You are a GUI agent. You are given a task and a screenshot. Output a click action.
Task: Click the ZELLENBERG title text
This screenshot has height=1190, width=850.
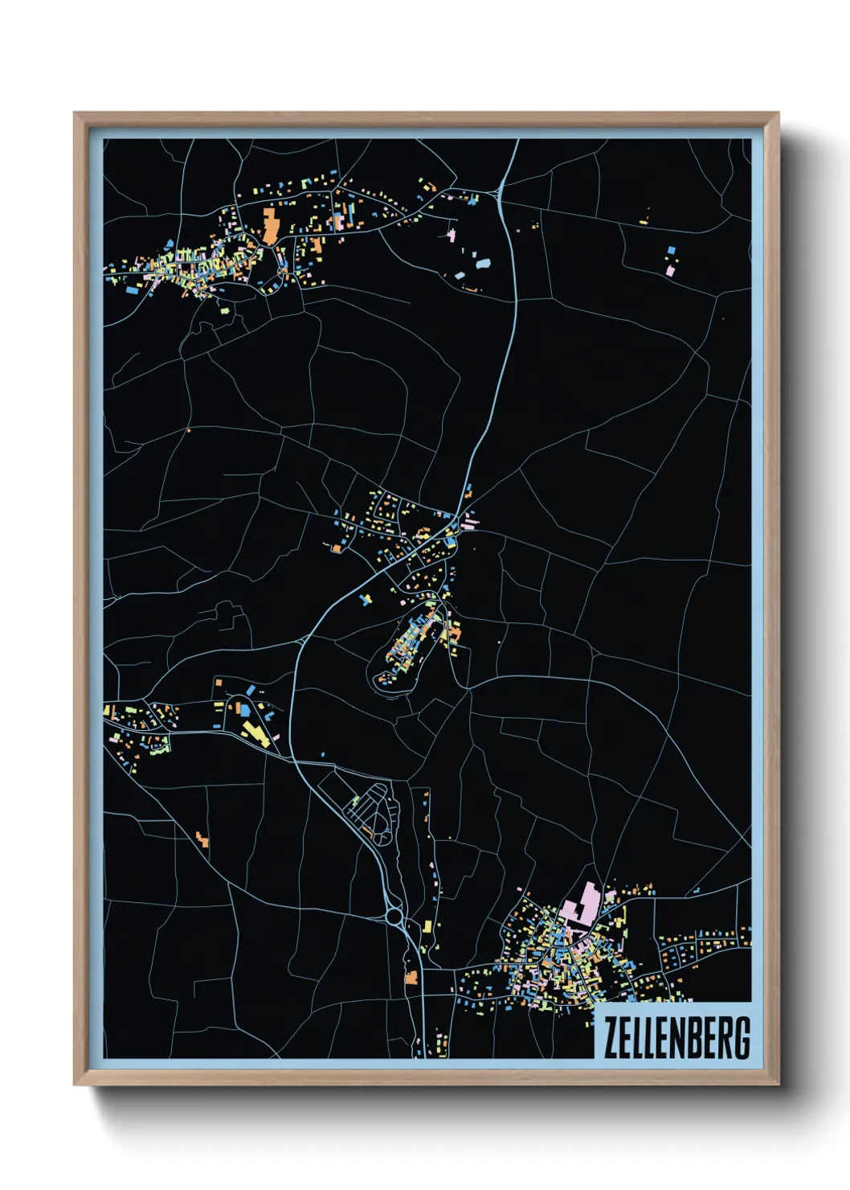pos(676,1038)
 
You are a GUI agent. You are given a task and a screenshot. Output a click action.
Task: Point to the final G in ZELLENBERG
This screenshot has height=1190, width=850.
pos(742,1038)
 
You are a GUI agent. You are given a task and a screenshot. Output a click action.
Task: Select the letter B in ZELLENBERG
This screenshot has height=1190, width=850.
pos(695,1038)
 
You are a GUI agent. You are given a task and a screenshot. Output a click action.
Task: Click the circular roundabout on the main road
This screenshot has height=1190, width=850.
pos(394,915)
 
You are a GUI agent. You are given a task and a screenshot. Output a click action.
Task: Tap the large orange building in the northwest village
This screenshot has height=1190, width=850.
pos(270,224)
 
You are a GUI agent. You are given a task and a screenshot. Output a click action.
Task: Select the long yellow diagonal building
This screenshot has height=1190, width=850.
pos(256,733)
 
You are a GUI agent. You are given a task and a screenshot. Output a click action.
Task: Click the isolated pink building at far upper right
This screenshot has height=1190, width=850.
pos(670,271)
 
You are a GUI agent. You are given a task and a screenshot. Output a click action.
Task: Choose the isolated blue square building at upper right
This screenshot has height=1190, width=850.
pos(672,250)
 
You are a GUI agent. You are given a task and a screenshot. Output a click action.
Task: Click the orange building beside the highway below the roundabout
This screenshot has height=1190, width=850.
pos(411,978)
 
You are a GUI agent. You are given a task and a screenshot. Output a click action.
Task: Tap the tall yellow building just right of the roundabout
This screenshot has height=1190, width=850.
pos(427,925)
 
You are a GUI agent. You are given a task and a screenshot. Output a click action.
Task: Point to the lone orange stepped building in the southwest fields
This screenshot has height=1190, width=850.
pos(202,839)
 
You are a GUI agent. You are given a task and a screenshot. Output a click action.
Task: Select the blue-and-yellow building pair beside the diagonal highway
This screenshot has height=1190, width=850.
pos(366,599)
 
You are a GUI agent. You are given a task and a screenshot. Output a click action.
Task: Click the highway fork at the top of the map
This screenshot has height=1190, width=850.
pos(500,191)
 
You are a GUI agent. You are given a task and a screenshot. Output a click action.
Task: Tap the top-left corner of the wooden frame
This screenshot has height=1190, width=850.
pos(76,113)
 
